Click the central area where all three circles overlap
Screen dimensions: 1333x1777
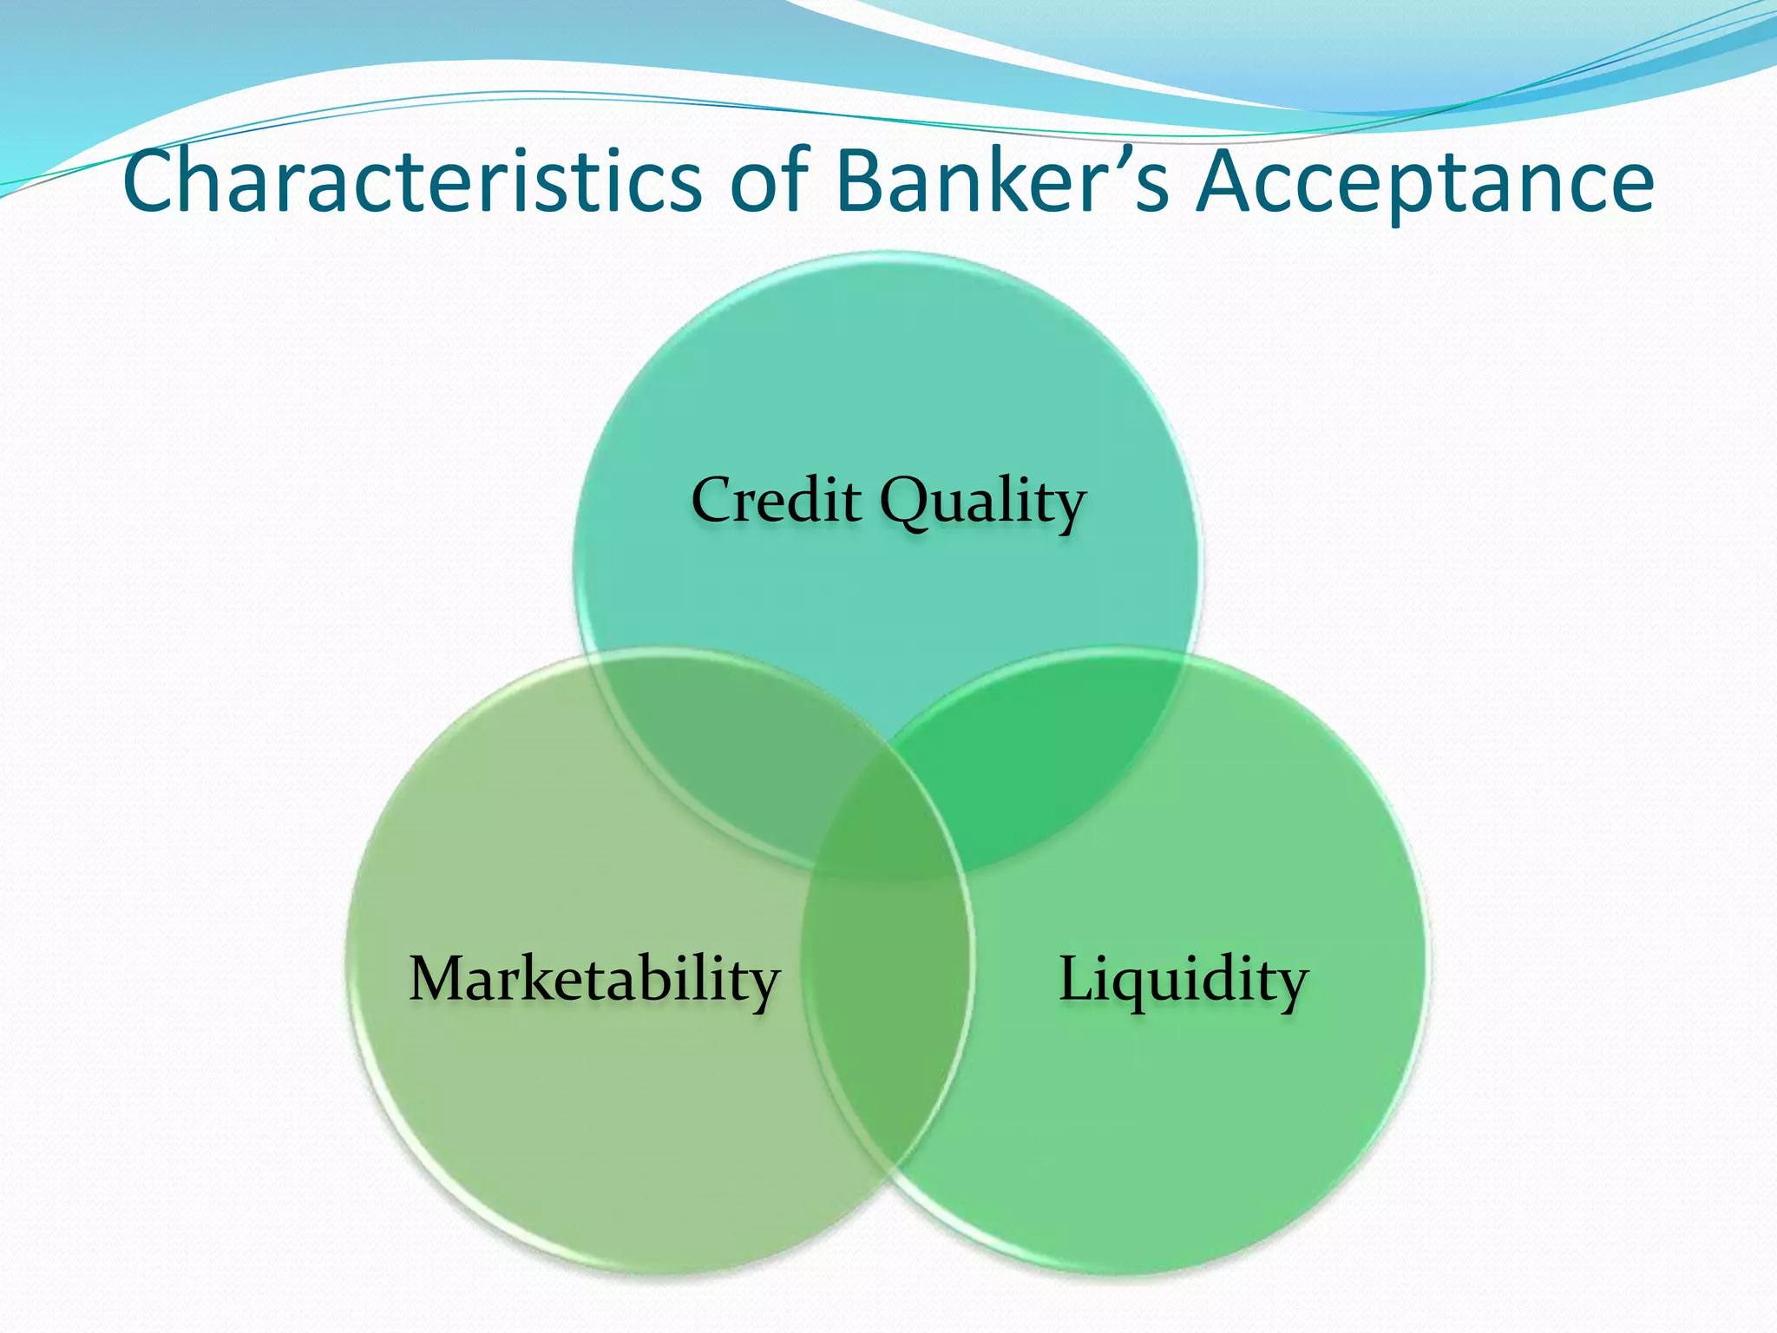(x=887, y=811)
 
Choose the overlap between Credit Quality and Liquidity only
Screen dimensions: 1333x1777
(x=1041, y=746)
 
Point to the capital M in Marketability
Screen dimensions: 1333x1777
(x=439, y=979)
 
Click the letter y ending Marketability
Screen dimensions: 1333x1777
(x=764, y=988)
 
